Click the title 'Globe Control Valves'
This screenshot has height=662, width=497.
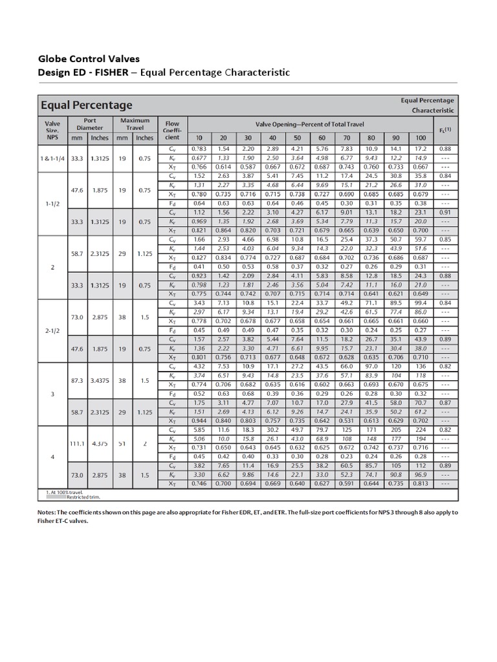[x=89, y=59]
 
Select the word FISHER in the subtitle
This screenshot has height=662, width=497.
[x=113, y=72]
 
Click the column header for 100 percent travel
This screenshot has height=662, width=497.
[x=420, y=138]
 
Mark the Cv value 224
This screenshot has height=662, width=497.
[x=420, y=429]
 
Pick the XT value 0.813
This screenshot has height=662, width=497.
[x=420, y=484]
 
